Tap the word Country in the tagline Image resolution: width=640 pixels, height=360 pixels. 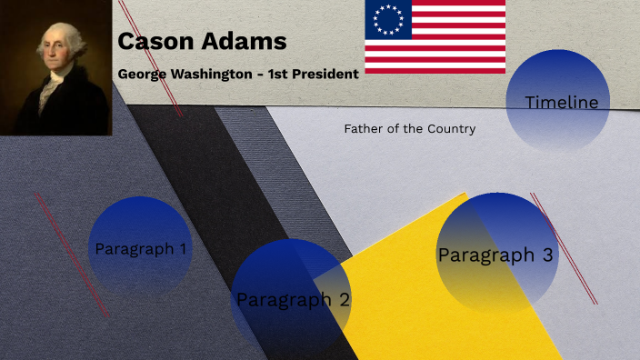coord(452,129)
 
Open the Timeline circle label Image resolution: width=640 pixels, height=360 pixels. coord(562,103)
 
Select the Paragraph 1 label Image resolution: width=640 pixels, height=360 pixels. coord(141,248)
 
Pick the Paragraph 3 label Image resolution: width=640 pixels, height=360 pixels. coord(495,255)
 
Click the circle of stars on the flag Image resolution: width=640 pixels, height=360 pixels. coord(388,18)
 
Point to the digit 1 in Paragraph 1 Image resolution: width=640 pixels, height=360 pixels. coord(183,248)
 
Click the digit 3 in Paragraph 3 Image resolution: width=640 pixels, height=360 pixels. coord(547,255)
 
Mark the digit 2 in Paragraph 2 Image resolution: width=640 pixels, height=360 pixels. coord(344,299)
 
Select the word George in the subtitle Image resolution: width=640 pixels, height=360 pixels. coord(142,74)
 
